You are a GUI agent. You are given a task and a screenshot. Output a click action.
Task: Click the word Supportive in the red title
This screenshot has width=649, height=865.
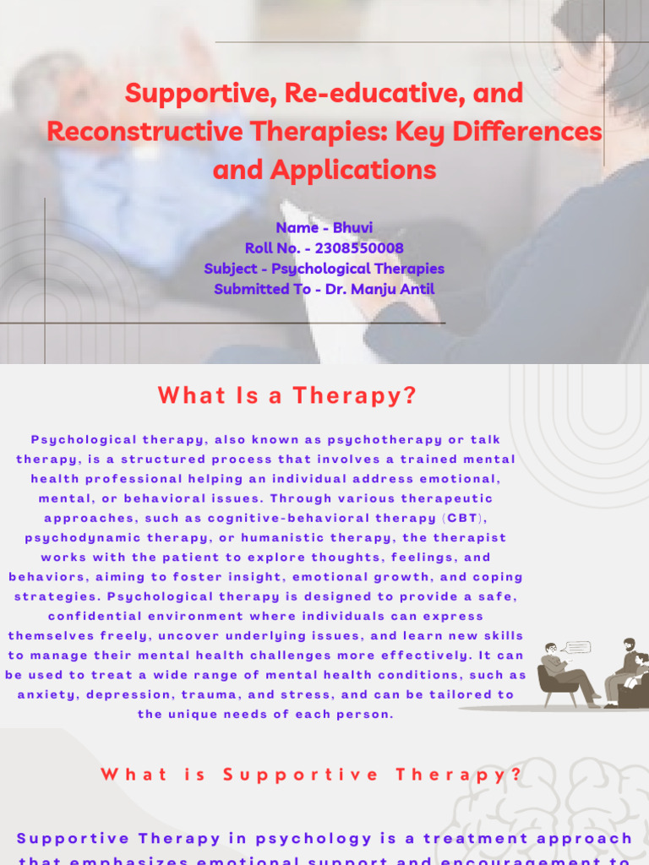pyautogui.click(x=184, y=93)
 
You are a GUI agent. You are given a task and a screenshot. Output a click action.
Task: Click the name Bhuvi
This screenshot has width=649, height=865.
pyautogui.click(x=352, y=228)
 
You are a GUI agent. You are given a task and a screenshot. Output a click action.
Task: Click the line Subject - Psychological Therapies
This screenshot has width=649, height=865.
pyautogui.click(x=324, y=269)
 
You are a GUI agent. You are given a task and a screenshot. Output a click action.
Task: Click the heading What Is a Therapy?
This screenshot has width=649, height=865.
pyautogui.click(x=287, y=395)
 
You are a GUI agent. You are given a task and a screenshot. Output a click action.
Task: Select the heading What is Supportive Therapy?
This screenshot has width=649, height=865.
pyautogui.click(x=311, y=775)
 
